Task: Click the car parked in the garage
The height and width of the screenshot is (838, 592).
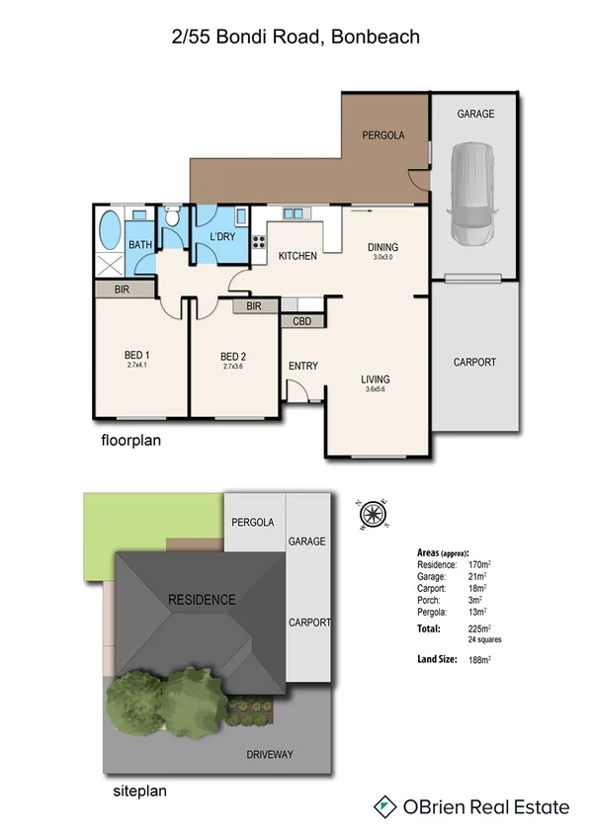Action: pyautogui.click(x=473, y=196)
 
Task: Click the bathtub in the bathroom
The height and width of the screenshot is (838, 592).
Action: pyautogui.click(x=108, y=231)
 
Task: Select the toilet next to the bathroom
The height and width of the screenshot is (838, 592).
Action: pyautogui.click(x=172, y=217)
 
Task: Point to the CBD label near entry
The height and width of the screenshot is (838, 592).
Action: pyautogui.click(x=302, y=321)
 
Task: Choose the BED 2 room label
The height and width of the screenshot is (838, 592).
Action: pyautogui.click(x=233, y=356)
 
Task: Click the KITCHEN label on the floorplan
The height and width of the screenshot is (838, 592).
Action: pyautogui.click(x=296, y=256)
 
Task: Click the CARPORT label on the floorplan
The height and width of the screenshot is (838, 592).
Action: pyautogui.click(x=474, y=362)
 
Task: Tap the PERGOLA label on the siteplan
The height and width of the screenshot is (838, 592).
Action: pyautogui.click(x=252, y=522)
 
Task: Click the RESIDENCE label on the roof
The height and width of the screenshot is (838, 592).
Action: pyautogui.click(x=202, y=599)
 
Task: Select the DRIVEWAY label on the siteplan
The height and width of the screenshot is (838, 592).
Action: pyautogui.click(x=269, y=754)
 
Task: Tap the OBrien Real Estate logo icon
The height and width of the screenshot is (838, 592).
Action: pyautogui.click(x=383, y=807)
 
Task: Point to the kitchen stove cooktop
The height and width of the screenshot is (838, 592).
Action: pyautogui.click(x=259, y=240)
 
